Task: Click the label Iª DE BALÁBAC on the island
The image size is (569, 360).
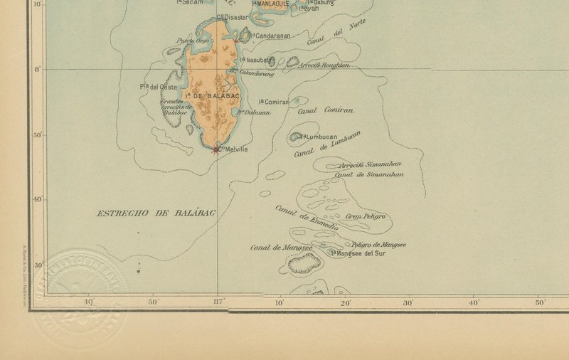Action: (211, 95)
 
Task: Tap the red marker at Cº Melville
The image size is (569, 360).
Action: (217, 149)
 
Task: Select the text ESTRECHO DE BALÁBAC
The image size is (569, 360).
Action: (156, 213)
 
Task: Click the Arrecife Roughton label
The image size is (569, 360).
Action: (326, 65)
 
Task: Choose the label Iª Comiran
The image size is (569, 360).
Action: (274, 102)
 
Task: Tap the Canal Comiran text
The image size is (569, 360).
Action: (325, 110)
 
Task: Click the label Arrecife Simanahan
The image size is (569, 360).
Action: (371, 164)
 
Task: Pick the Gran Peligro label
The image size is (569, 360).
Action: (365, 216)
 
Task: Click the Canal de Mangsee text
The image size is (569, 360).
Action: (282, 248)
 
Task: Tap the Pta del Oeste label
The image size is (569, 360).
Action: (158, 87)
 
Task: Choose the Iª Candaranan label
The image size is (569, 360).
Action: (269, 35)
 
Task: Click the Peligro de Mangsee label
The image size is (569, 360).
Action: (379, 245)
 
